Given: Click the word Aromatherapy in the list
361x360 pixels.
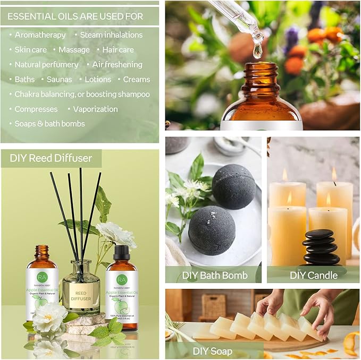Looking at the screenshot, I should tap(40, 35).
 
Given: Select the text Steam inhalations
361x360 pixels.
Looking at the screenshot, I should tap(111, 35).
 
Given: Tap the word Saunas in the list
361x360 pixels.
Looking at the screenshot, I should tap(60, 80).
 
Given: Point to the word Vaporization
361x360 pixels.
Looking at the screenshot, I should tap(95, 109).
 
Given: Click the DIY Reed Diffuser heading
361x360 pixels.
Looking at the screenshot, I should tap(51, 158).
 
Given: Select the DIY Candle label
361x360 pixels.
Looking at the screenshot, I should tap(314, 275).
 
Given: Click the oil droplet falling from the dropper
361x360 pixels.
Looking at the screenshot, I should tap(258, 50).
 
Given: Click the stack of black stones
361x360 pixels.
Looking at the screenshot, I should tap(320, 247).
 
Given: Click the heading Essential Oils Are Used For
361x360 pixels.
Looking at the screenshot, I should tap(75, 16).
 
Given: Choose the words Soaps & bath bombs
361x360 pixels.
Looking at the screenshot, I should tap(49, 124).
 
